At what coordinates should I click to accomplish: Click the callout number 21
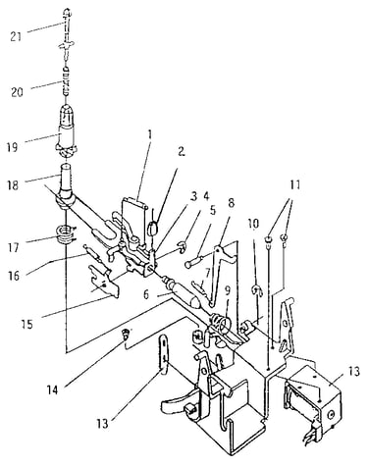pos(16,36)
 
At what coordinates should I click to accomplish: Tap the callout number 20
pos(17,92)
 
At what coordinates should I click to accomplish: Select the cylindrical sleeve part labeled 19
pos(67,130)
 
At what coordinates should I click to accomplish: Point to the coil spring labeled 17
pos(66,234)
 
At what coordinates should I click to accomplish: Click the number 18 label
pos(12,184)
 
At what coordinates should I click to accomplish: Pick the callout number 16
pos(15,276)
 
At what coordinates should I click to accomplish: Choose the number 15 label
pos(27,324)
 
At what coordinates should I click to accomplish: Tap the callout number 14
pos(53,389)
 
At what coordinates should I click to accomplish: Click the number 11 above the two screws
pos(295,184)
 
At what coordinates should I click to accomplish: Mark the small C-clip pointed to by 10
pos(257,290)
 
